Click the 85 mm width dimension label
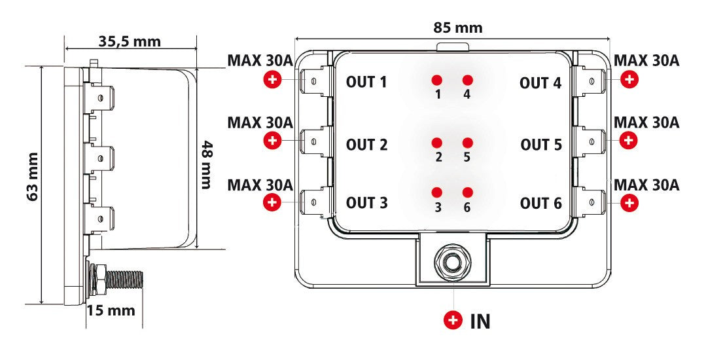457,27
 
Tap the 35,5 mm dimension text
130,41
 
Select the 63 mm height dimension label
32,176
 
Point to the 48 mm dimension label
207,165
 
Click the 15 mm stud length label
111,310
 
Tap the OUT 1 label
366,82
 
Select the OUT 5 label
541,145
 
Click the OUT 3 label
366,203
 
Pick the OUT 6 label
540,204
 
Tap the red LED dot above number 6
467,192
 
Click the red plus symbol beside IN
453,320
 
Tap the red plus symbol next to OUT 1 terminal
273,80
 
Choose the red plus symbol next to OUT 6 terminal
629,203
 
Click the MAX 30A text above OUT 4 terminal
646,61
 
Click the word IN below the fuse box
480,321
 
